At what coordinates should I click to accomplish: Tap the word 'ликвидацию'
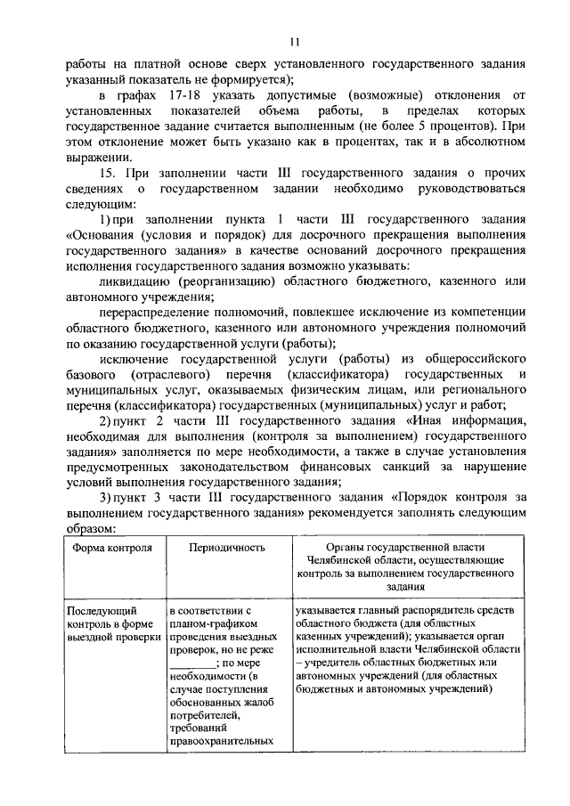pos(131,282)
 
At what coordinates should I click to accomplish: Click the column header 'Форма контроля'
pos(111,548)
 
